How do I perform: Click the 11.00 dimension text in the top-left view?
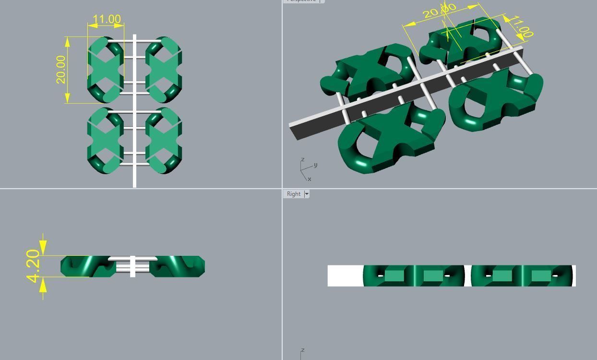click(x=106, y=19)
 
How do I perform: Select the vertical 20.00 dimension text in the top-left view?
click(x=60, y=70)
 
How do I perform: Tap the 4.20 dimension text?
click(x=33, y=266)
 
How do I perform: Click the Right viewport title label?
click(x=293, y=194)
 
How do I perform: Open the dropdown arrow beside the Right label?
click(x=306, y=194)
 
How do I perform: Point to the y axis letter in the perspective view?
click(x=315, y=165)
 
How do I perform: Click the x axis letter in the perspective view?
click(x=310, y=179)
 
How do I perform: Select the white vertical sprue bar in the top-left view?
click(x=134, y=110)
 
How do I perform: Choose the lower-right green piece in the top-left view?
click(x=163, y=140)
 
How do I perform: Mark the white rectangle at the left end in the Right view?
click(x=345, y=276)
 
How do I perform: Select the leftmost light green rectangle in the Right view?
click(x=394, y=276)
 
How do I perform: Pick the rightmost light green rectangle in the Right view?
click(x=541, y=276)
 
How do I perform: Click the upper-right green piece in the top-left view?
click(x=163, y=70)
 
